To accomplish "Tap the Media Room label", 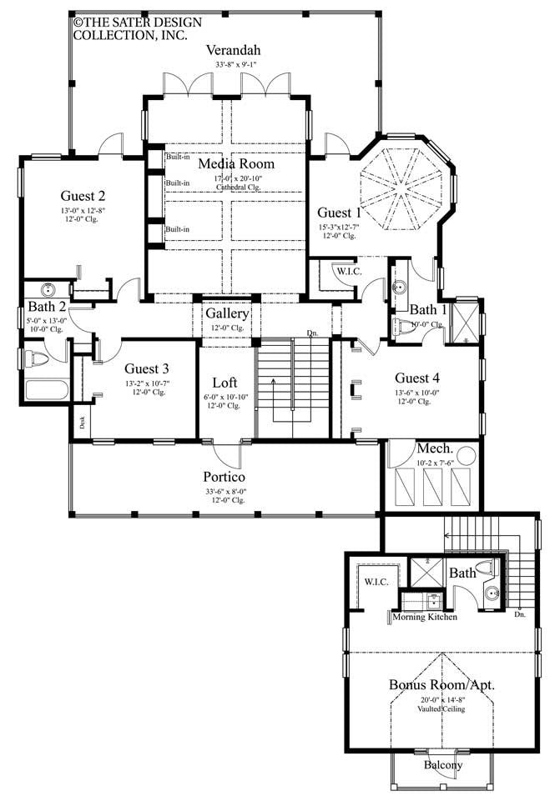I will tap(236, 163).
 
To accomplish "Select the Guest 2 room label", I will tap(83, 197).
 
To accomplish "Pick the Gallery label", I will tap(227, 313).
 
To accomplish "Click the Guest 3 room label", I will tap(147, 368).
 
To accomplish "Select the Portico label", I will tap(225, 477).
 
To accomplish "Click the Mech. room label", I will tap(434, 447).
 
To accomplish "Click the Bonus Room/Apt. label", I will tap(441, 685).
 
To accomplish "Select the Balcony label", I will tap(441, 764).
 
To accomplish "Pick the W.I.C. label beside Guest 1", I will tap(347, 271).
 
